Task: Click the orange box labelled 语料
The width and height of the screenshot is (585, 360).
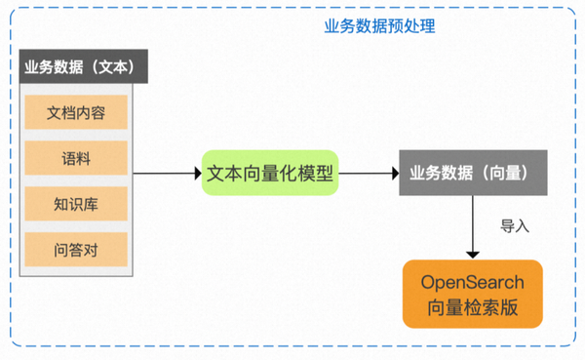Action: (76, 158)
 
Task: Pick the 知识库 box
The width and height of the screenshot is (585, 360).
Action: (76, 205)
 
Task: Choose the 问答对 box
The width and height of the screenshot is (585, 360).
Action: (76, 251)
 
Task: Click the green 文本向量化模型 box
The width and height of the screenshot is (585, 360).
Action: (269, 174)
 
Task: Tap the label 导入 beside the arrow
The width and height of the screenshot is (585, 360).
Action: (514, 226)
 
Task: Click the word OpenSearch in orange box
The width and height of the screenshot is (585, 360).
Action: (472, 282)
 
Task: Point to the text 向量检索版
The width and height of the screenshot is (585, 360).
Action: (472, 308)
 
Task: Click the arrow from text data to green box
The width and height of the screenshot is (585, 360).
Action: (166, 174)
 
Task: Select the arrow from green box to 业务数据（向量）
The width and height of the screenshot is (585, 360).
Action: (369, 174)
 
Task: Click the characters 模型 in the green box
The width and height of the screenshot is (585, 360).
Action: (314, 174)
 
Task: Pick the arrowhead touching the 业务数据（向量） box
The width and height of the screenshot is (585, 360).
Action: (395, 174)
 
